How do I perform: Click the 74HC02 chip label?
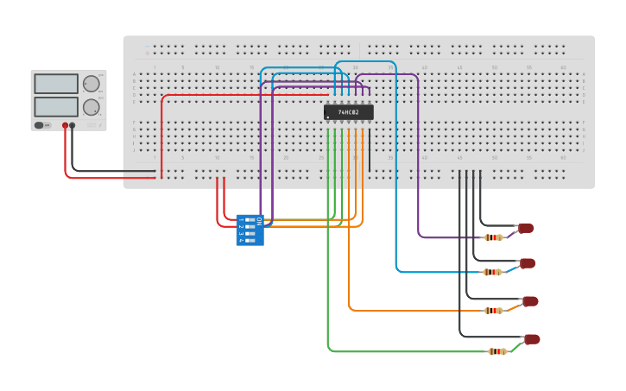click(x=349, y=112)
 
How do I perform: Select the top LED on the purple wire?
click(x=526, y=228)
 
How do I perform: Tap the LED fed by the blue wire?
click(x=528, y=263)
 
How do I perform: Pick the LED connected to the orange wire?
click(x=530, y=301)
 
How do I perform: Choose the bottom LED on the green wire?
click(x=532, y=339)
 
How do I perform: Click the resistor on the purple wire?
click(x=493, y=237)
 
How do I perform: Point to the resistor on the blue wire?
click(x=492, y=272)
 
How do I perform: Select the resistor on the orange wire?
click(x=493, y=311)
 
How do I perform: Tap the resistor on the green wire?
click(x=496, y=351)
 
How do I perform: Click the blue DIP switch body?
click(x=250, y=230)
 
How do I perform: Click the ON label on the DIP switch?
click(x=258, y=221)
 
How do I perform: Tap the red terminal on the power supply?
click(x=65, y=125)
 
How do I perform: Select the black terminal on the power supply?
click(x=73, y=125)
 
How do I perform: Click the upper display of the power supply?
click(x=56, y=84)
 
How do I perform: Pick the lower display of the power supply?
click(x=56, y=106)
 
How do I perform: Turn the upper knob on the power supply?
click(x=91, y=84)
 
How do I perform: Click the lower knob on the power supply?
click(x=91, y=107)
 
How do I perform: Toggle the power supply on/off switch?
click(x=40, y=125)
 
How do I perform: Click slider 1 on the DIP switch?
click(x=250, y=221)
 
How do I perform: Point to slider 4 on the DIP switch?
click(x=250, y=240)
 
